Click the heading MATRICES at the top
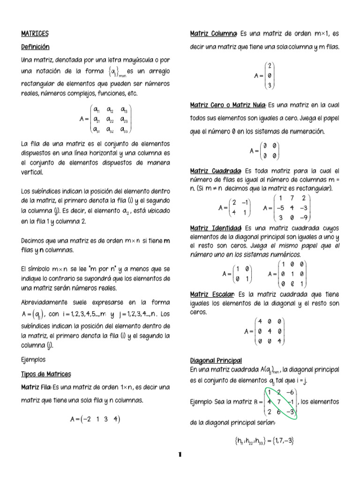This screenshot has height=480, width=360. (35, 34)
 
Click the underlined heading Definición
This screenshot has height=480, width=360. (35, 47)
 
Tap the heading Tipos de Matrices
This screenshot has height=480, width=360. (46, 374)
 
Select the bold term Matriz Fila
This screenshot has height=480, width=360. (37, 388)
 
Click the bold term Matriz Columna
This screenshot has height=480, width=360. (213, 34)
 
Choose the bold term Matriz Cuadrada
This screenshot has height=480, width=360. (215, 171)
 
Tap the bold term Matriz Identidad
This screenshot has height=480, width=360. (216, 228)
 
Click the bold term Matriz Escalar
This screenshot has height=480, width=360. (212, 294)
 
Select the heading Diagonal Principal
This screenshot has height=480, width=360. (216, 360)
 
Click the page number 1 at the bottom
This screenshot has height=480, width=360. (180, 454)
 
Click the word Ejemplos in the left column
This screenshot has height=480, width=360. (33, 360)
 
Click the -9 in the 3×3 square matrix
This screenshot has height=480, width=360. (304, 217)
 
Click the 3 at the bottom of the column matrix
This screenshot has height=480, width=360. (270, 85)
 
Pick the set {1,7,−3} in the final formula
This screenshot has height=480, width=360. (281, 441)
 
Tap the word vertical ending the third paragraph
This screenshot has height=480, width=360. (32, 172)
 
